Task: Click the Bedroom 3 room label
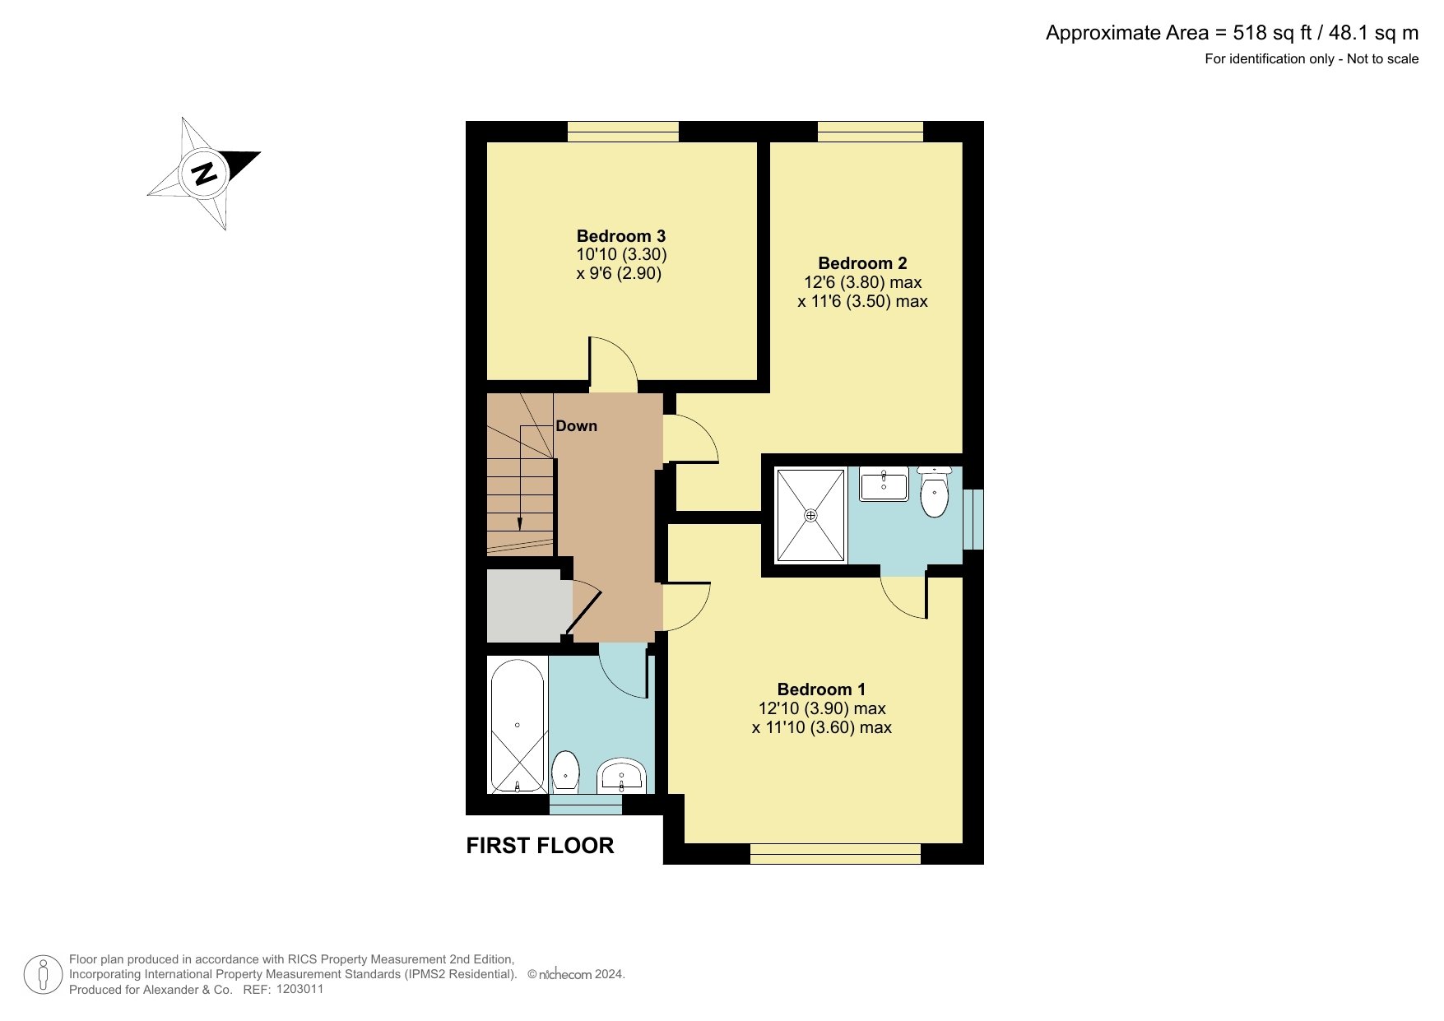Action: (x=621, y=236)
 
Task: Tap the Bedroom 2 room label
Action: (x=862, y=263)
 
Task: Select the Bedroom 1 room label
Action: (x=821, y=689)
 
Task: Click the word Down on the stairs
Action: (x=577, y=426)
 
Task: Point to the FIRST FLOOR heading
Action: (x=540, y=846)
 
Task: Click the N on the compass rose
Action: (x=204, y=174)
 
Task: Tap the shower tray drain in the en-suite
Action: (x=811, y=516)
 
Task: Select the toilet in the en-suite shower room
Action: (x=934, y=492)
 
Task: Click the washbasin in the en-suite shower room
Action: (x=884, y=484)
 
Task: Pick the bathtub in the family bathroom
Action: (x=517, y=725)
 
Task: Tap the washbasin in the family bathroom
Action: (x=621, y=775)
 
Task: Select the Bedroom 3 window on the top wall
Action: (x=623, y=132)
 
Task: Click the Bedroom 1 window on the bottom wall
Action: (x=835, y=854)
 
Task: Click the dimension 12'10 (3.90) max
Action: (x=822, y=708)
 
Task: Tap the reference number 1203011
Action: (x=300, y=990)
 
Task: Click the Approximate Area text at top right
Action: (x=1232, y=33)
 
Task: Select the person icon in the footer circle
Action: (x=44, y=975)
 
